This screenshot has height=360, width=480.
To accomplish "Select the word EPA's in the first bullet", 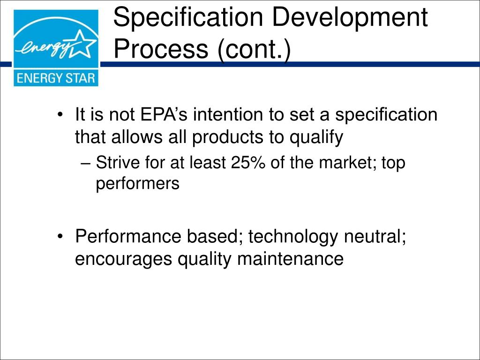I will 162,115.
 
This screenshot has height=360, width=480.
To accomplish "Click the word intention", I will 228,115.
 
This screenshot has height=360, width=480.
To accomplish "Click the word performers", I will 137,184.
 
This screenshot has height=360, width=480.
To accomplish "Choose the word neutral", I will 375,237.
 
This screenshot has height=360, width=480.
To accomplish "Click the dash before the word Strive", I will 85,164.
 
